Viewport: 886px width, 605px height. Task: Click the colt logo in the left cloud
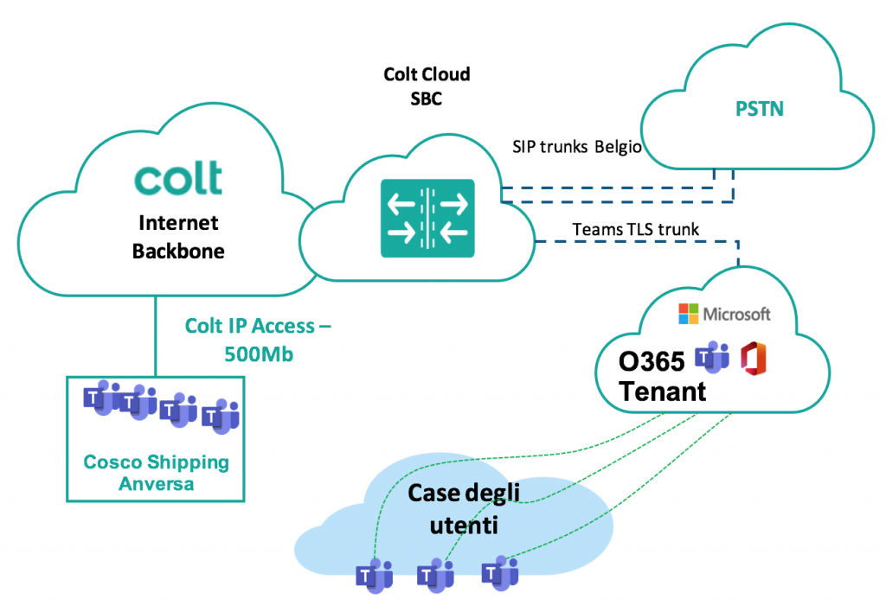177,177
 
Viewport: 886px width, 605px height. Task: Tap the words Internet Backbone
178,238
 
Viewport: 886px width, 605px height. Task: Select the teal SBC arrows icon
427,218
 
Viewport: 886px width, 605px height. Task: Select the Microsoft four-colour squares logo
689,314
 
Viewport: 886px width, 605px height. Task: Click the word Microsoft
736,314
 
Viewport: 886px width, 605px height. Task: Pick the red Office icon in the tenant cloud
755,357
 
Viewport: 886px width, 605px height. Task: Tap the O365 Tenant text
662,375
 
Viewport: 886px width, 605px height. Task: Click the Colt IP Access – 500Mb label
258,340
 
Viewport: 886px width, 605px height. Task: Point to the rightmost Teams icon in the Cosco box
221,417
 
